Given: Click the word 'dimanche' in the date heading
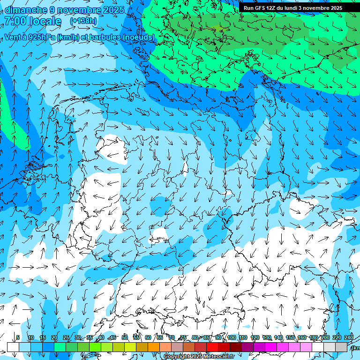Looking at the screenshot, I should click(x=26, y=10).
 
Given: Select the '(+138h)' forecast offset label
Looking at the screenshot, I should click(x=83, y=21).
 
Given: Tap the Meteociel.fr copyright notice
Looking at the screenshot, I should click(x=199, y=356).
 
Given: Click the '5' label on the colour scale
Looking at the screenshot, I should click(x=18, y=337).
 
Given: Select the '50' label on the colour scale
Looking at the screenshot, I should click(x=125, y=337).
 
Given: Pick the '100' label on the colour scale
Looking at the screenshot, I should click(x=232, y=337).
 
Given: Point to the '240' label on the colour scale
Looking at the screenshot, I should click(x=348, y=337).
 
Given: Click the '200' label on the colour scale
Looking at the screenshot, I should click(x=325, y=337).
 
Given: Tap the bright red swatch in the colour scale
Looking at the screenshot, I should click(x=212, y=347).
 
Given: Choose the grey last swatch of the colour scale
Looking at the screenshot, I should click(x=341, y=347).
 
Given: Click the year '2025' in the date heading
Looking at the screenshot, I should click(x=114, y=10).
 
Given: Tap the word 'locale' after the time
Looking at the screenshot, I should click(x=45, y=22).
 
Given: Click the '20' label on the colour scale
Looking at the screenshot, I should click(x=54, y=337).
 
